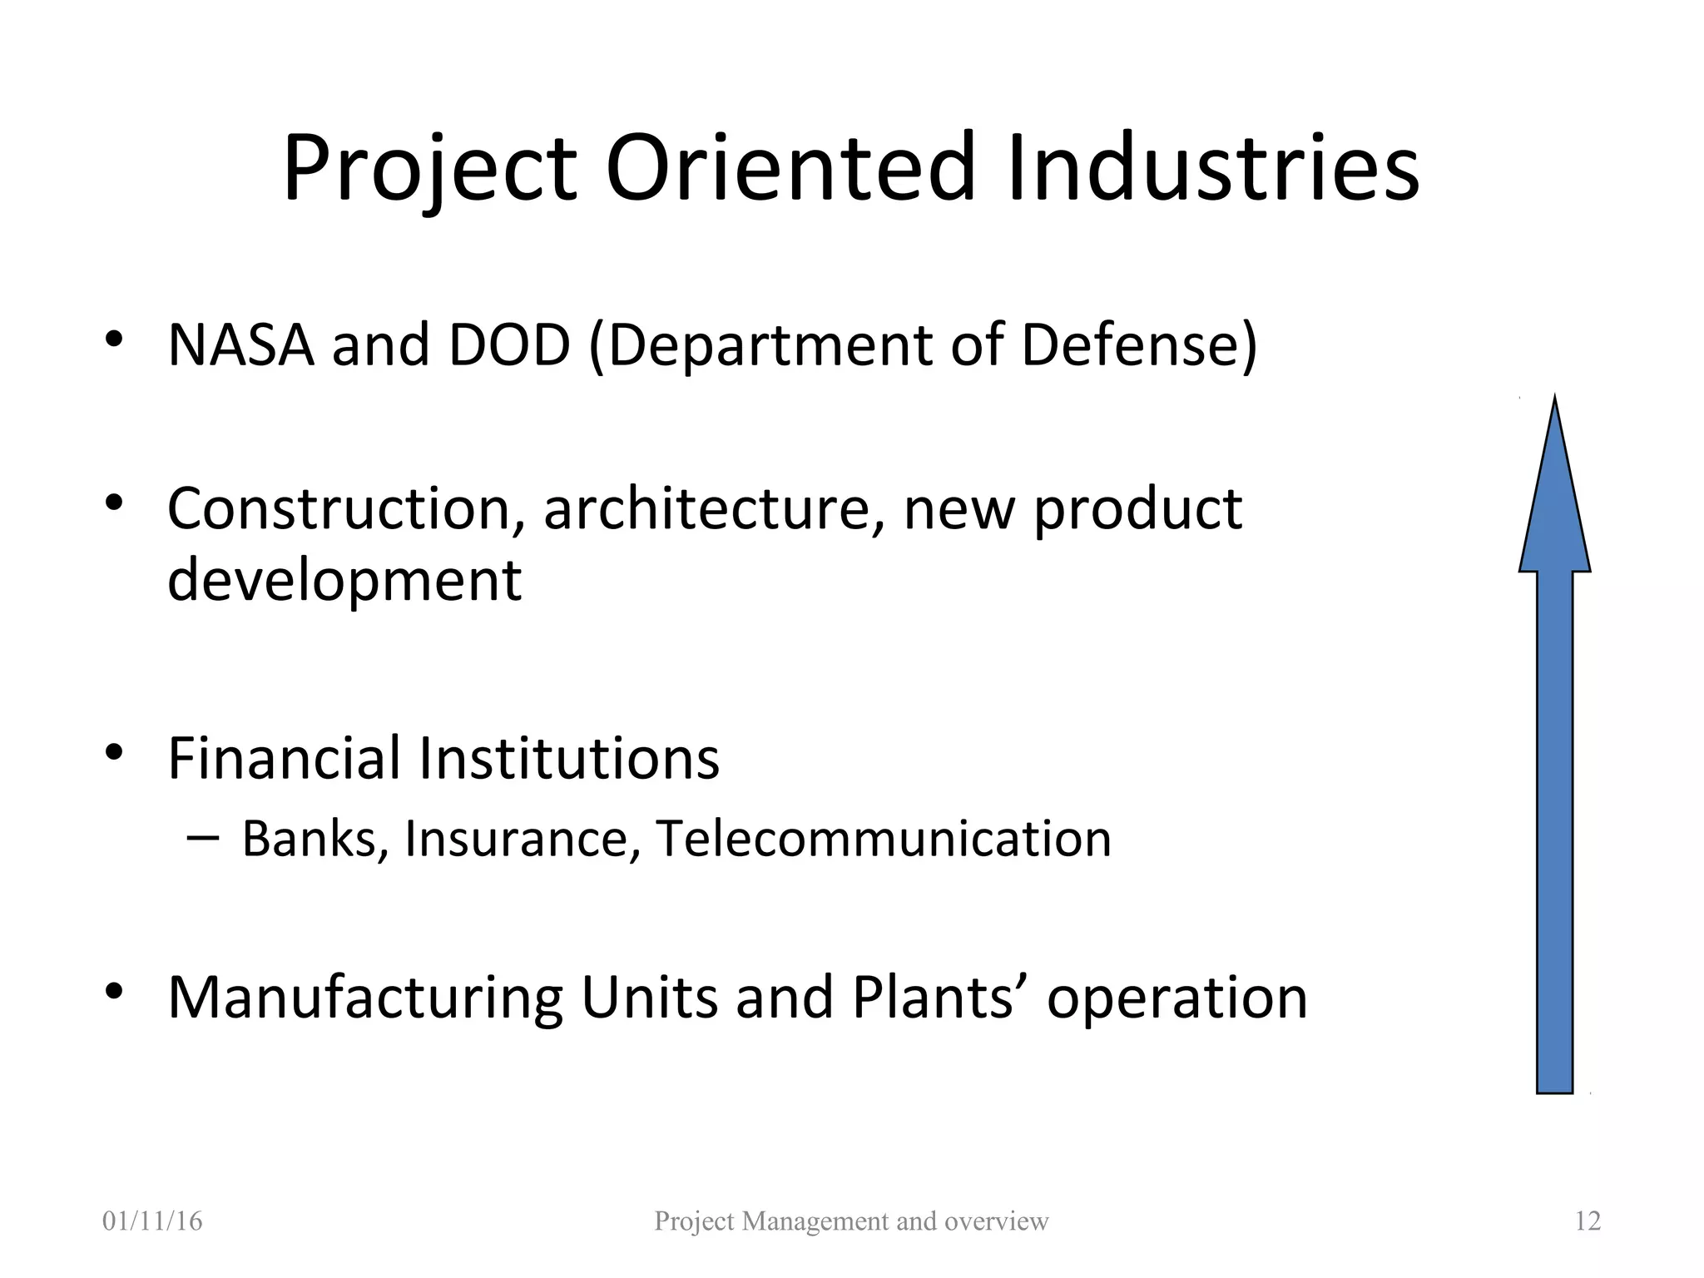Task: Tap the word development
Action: (344, 581)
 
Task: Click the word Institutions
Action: (568, 758)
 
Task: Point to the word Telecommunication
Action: (884, 839)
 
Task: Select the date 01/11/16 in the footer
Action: (152, 1221)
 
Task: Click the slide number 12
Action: (1588, 1221)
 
